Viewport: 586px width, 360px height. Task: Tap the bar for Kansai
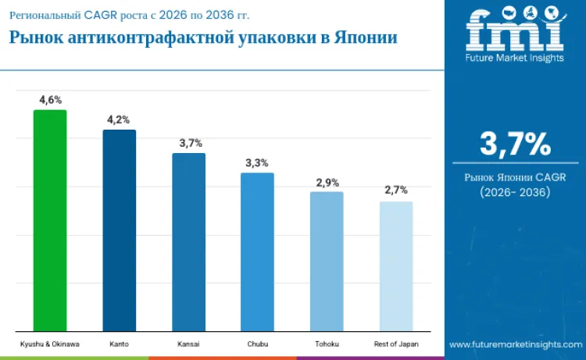[188, 242]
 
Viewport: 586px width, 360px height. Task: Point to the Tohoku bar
[327, 261]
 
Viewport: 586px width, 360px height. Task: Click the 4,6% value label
[50, 100]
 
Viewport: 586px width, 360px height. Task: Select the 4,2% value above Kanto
[119, 119]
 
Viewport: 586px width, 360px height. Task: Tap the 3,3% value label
[257, 163]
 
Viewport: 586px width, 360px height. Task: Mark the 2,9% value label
[327, 183]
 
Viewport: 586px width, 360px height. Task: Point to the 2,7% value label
[396, 191]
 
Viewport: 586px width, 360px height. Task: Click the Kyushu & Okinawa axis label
[50, 344]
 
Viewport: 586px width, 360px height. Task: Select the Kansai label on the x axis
[188, 344]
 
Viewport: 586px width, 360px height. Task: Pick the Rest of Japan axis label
[396, 344]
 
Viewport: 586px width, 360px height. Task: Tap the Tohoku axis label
[327, 344]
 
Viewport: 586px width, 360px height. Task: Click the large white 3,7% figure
[515, 144]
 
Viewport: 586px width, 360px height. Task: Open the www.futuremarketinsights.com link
[515, 344]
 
